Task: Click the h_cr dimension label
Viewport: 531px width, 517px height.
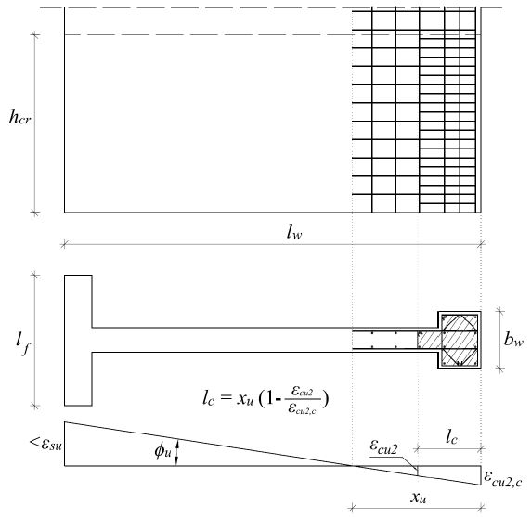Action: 20,117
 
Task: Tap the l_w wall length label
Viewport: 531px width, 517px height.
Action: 294,232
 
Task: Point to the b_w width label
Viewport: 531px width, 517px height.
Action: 513,339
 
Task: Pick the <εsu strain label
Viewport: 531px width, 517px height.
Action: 45,444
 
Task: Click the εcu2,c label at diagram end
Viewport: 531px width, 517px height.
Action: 502,478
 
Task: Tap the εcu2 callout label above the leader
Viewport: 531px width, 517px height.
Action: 383,446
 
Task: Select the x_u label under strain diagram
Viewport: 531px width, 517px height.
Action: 419,498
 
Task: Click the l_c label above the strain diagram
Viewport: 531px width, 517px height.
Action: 451,437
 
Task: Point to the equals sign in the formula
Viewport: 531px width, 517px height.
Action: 226,397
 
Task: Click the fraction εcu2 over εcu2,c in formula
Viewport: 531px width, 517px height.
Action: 302,400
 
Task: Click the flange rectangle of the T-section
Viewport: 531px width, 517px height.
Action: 78,340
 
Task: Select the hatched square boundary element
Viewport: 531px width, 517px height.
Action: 460,340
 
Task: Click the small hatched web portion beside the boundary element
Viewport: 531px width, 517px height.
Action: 429,340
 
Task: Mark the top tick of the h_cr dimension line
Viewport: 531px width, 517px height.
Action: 35,34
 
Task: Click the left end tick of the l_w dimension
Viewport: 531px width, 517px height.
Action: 64,244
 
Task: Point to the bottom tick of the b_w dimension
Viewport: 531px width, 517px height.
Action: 500,368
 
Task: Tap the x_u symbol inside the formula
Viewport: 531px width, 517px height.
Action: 245,398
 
